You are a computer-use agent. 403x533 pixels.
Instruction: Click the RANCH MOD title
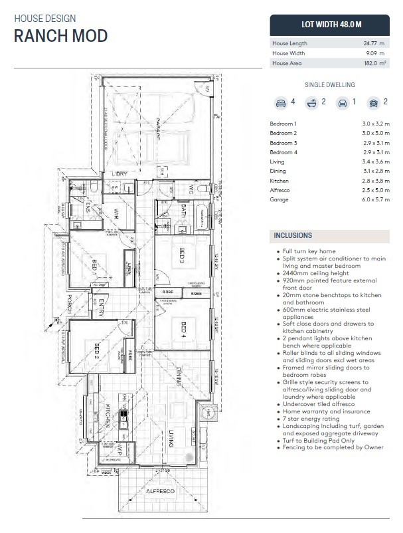pos(60,36)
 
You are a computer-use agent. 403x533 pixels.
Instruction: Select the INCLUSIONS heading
pos(293,236)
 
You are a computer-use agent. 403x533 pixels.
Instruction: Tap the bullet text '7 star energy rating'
pos(308,418)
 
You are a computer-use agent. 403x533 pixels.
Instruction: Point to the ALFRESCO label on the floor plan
pos(160,490)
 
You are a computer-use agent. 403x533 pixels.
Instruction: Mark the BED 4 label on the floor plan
pos(183,328)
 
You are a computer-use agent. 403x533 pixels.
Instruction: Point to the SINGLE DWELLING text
pos(329,85)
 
